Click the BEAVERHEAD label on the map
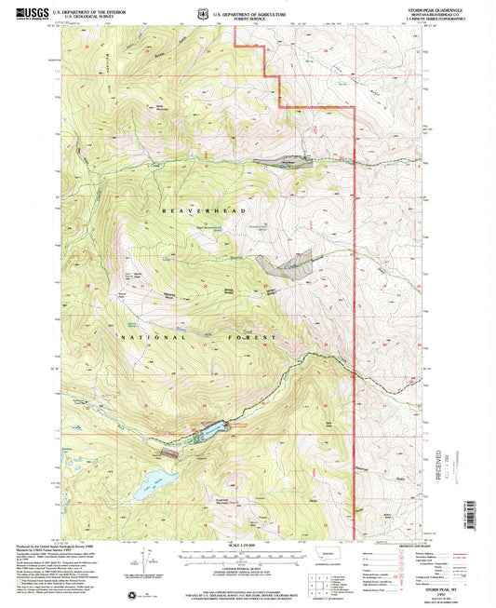tap(196, 212)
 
